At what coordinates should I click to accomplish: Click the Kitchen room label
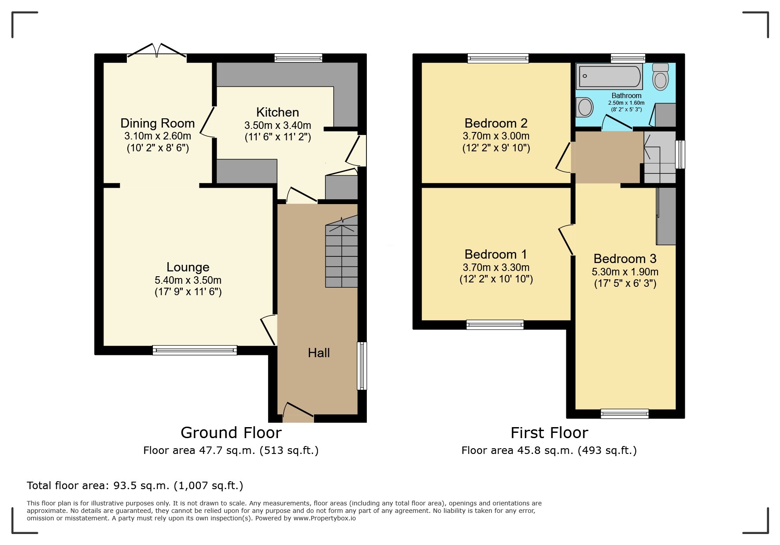point(277,112)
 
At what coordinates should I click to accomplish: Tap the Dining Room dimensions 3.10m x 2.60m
point(158,136)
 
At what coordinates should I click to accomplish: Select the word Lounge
point(188,267)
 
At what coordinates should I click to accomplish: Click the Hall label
point(318,353)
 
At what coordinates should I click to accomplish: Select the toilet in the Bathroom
point(660,77)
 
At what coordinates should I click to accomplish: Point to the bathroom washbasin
point(585,107)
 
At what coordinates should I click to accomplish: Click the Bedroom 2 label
point(496,123)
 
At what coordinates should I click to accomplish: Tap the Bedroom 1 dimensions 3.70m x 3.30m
point(496,267)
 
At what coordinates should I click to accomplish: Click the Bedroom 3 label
point(625,259)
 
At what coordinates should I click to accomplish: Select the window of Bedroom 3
point(625,413)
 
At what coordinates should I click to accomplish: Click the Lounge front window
point(195,350)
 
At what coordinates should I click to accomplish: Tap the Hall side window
point(362,366)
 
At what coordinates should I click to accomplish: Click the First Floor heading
point(549,433)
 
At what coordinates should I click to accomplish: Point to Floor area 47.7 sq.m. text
point(230,450)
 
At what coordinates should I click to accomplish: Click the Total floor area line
point(135,486)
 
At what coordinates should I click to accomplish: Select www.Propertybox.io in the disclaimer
point(325,518)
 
